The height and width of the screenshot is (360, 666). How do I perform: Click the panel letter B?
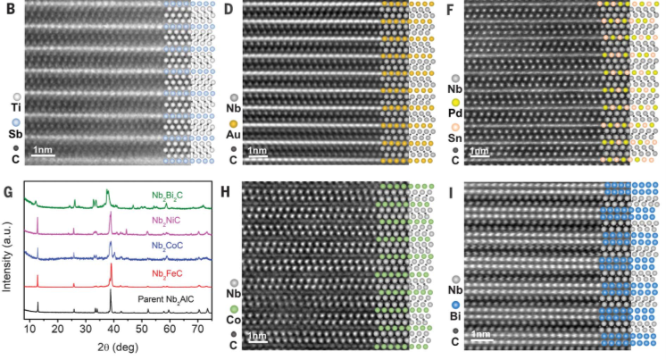click(7, 11)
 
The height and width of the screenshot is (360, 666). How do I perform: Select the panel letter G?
click(8, 190)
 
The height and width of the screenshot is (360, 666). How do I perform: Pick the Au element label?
click(234, 134)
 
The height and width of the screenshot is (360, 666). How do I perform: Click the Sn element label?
click(456, 138)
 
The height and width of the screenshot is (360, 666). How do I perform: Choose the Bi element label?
click(456, 315)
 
